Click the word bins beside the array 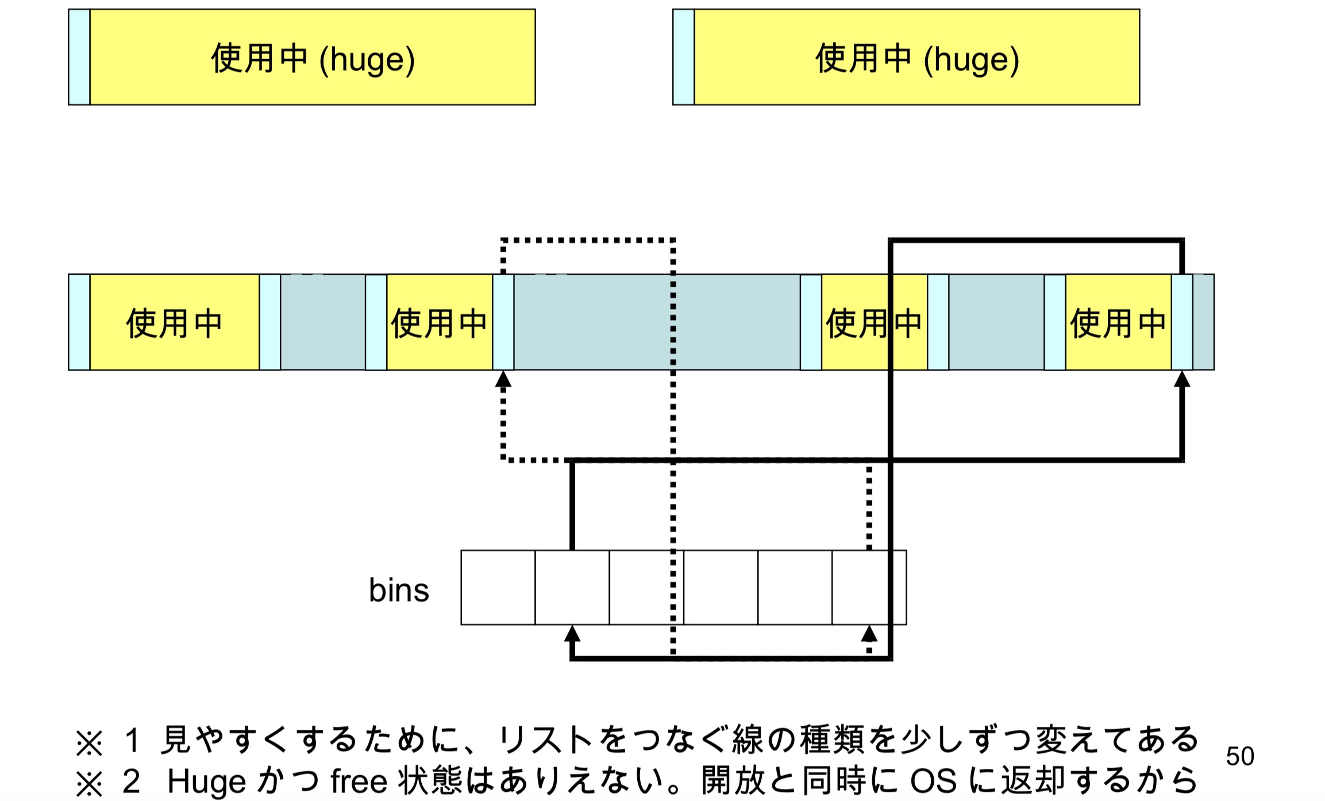(399, 590)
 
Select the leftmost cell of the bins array (498, 587)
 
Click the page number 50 (1239, 756)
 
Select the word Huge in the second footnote (206, 782)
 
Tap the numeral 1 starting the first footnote (132, 740)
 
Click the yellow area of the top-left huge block (313, 57)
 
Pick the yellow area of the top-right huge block (917, 57)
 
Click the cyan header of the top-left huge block (79, 57)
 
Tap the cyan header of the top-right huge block (684, 57)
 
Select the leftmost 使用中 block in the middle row (174, 322)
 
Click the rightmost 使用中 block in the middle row (1118, 322)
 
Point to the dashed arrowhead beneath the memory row (503, 379)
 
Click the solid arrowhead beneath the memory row (1182, 379)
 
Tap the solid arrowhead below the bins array (572, 634)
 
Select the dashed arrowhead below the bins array (869, 634)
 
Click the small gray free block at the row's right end (1203, 322)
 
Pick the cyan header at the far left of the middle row (79, 322)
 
